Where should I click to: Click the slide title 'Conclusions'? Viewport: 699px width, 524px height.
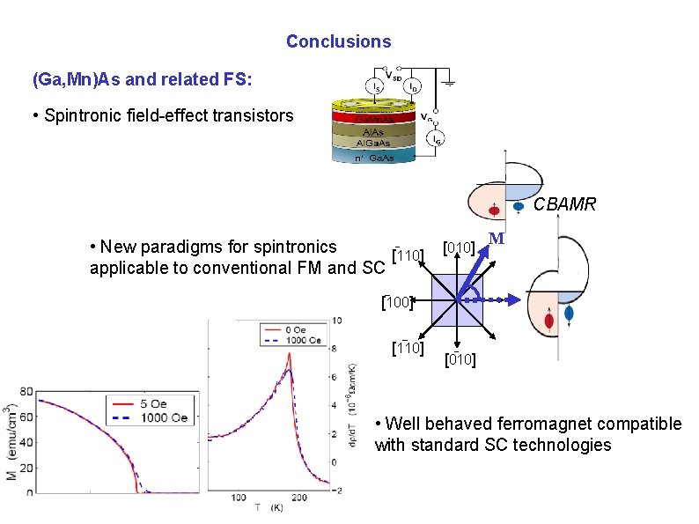338,41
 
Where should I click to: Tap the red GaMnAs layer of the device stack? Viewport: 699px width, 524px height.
373,118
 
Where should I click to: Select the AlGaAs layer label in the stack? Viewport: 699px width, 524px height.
373,142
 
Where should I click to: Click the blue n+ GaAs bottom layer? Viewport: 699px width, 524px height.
373,157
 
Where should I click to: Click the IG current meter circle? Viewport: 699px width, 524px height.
434,138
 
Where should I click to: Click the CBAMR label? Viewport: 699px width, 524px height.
564,204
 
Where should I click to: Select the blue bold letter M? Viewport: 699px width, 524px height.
497,240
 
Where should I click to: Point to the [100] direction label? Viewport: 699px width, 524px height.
397,302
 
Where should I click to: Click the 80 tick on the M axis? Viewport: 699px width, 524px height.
26,391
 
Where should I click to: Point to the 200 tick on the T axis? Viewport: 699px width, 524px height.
299,498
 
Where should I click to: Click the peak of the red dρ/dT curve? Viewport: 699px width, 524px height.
288,354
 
